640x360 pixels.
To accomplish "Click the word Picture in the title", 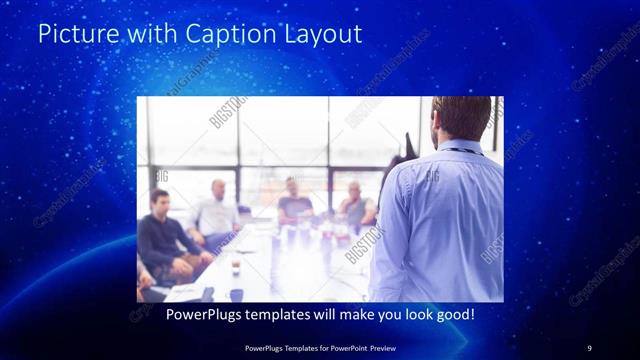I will [73, 34].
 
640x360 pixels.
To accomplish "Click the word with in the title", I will [147, 34].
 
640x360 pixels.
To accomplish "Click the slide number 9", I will [589, 347].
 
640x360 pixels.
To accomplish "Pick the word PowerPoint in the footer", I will [342, 347].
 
